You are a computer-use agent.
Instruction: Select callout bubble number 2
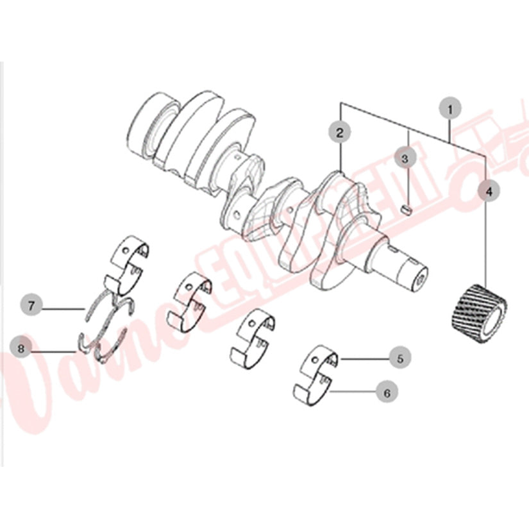[340, 133]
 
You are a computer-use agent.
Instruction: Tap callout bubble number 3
[405, 157]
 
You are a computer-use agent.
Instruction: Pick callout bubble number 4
[489, 190]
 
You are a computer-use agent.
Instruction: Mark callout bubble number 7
[32, 303]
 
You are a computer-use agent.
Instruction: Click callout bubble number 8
[21, 349]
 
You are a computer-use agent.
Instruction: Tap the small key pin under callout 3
[405, 208]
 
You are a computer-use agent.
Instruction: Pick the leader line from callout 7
[64, 310]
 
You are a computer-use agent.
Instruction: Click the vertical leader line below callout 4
[486, 244]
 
